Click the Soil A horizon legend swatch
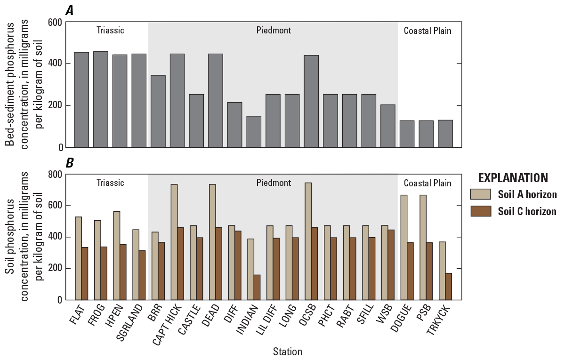[481, 195]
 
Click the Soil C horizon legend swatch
[481, 212]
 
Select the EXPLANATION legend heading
[513, 178]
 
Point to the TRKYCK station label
[437, 321]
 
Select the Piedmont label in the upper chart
[274, 31]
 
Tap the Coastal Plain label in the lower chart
[427, 183]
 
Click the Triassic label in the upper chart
[110, 31]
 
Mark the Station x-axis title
[287, 351]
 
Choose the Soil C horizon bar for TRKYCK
[449, 286]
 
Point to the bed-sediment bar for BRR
[158, 111]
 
